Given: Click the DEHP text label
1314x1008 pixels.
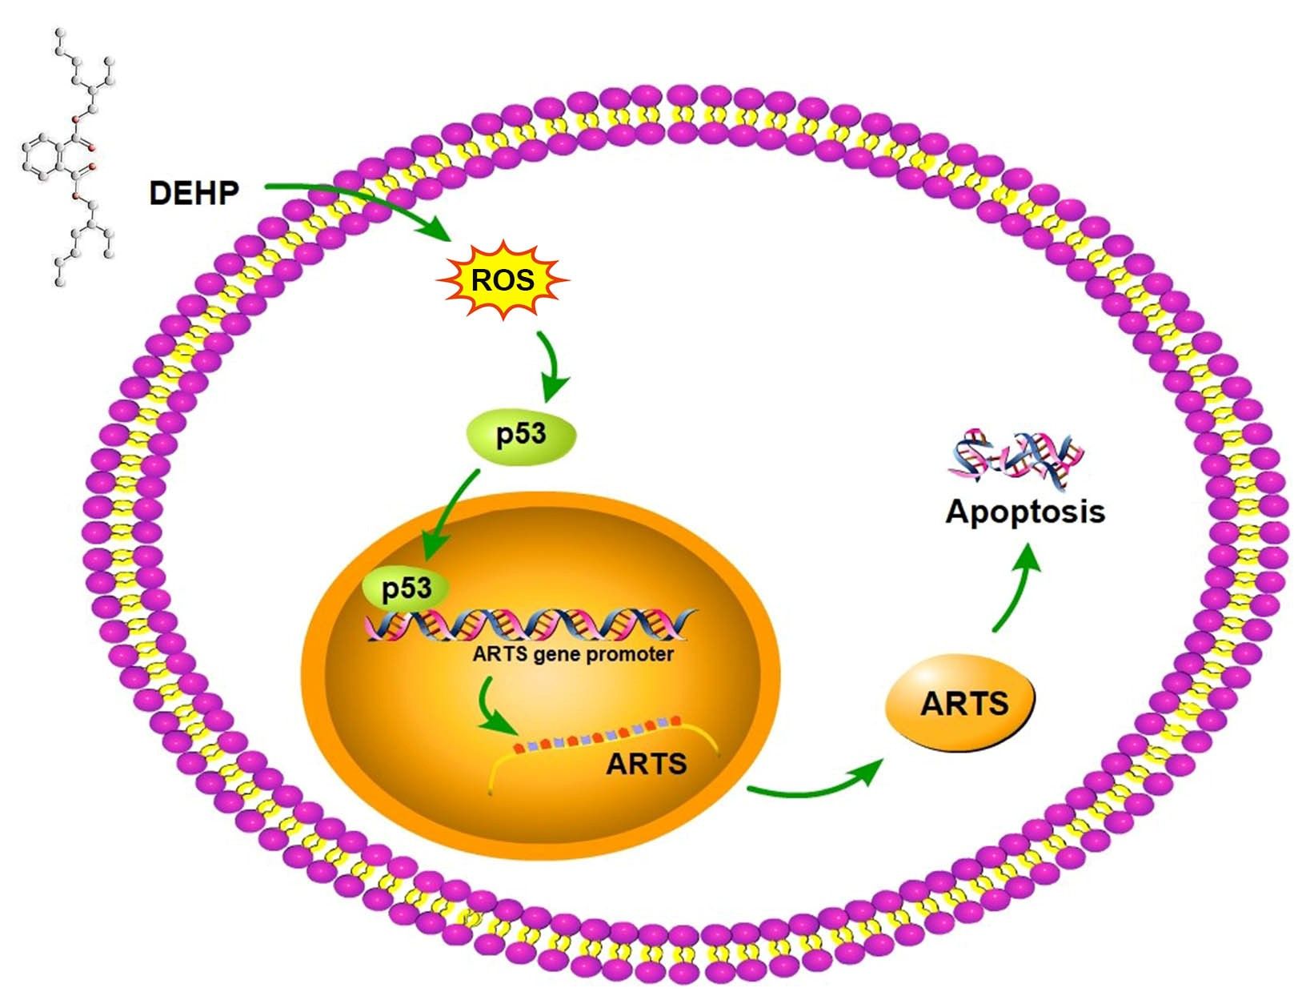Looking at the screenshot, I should [x=194, y=193].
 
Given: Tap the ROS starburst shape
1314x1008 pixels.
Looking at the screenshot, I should [x=503, y=280].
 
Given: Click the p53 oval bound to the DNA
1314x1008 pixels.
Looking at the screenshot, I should [x=406, y=589].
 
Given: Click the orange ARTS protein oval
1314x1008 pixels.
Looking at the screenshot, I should [x=960, y=703].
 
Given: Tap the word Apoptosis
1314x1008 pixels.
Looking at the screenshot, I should [x=1024, y=511].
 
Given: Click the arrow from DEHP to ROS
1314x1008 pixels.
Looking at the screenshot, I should [x=360, y=200].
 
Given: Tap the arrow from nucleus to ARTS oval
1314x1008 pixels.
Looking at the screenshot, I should [x=816, y=785].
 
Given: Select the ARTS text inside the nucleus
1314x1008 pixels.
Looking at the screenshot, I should [x=646, y=763].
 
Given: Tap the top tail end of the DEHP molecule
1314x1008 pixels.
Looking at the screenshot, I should [x=60, y=34].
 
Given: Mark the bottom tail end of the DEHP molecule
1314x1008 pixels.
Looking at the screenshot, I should [x=60, y=280].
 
